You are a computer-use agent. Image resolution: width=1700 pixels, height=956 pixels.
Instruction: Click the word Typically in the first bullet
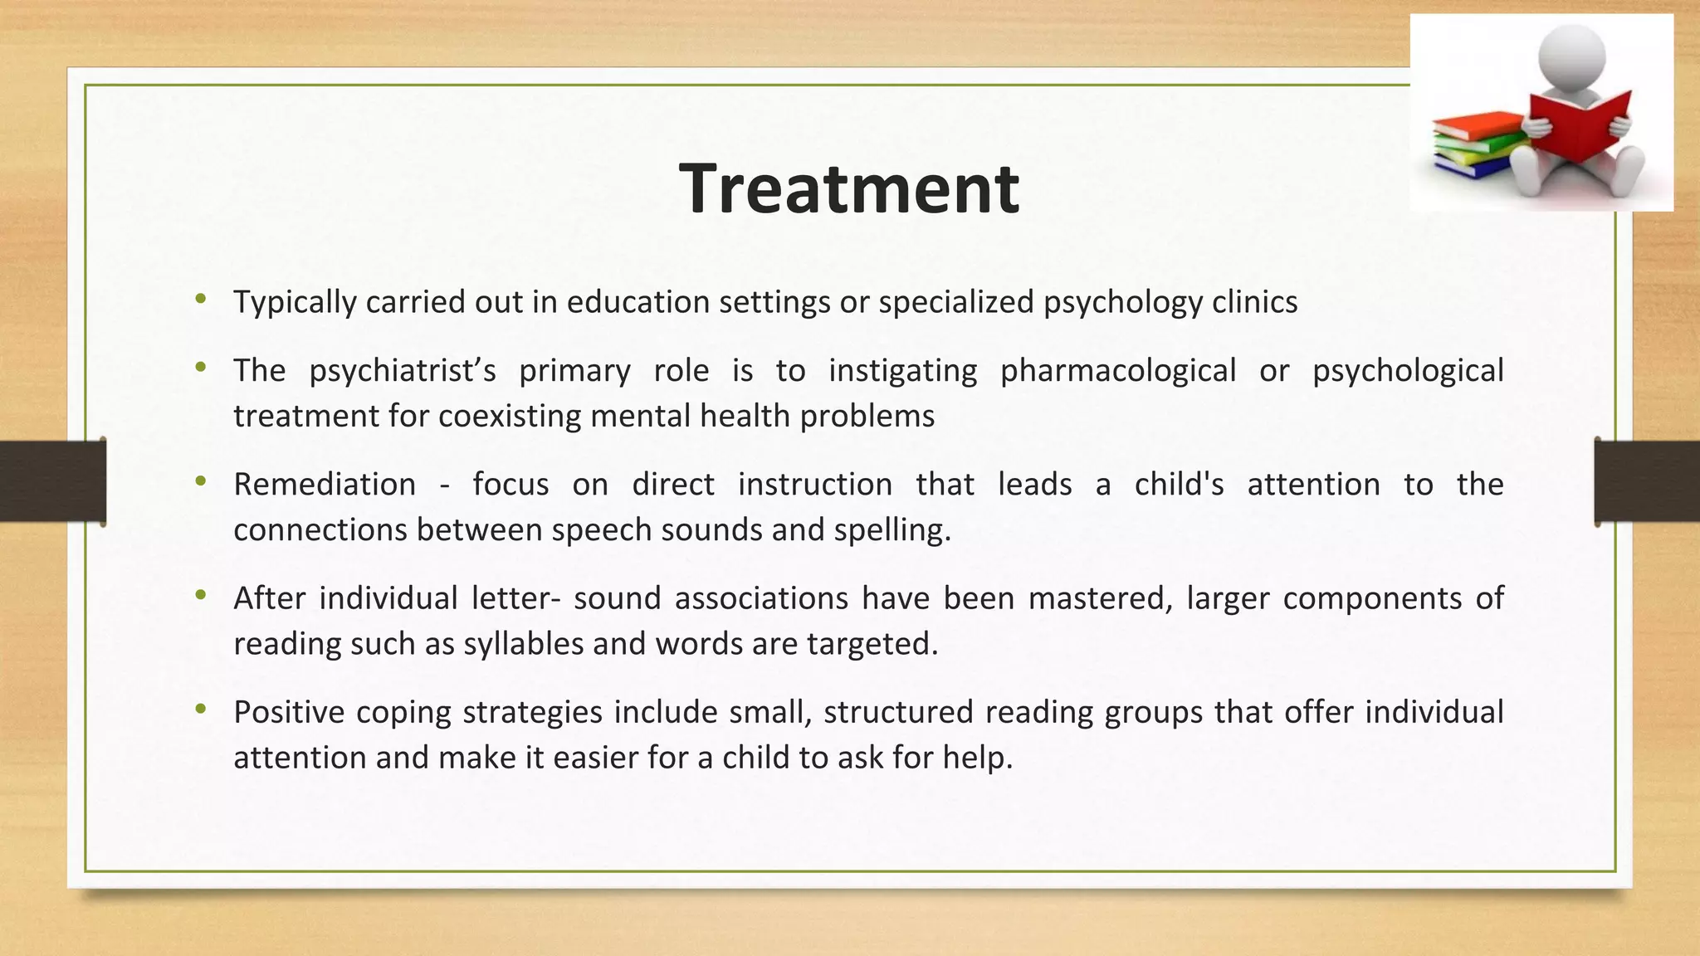(x=294, y=302)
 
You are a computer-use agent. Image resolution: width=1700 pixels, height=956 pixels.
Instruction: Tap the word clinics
(x=1254, y=302)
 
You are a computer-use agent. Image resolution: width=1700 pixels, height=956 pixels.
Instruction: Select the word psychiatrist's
(x=403, y=371)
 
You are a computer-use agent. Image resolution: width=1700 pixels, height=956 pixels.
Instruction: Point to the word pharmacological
(x=1117, y=371)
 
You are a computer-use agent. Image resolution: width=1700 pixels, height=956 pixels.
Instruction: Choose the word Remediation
(x=325, y=485)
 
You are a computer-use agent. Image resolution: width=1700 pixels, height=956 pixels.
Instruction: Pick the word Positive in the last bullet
(x=288, y=712)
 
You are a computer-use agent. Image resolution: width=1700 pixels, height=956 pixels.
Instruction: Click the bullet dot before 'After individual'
(x=200, y=595)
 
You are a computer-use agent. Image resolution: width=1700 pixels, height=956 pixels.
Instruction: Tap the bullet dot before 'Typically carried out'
(x=200, y=299)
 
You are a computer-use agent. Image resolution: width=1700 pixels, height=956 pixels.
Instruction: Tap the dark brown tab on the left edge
(x=52, y=481)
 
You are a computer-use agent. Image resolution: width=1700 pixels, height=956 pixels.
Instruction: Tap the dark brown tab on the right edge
(x=1647, y=481)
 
